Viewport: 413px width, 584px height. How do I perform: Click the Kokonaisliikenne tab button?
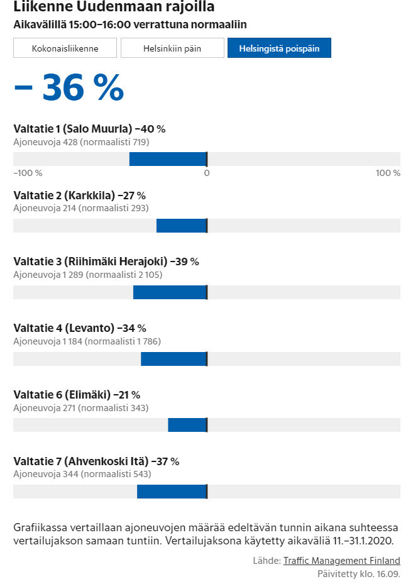65,48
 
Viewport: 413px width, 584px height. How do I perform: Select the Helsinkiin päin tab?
172,48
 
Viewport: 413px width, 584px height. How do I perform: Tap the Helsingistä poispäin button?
279,48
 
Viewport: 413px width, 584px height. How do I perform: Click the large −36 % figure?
69,88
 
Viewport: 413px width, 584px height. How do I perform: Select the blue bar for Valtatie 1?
168,159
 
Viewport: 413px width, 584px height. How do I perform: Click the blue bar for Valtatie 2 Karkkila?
181,226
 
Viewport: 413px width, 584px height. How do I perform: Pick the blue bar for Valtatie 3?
170,292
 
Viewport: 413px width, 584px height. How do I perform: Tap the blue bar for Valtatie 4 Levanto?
173,359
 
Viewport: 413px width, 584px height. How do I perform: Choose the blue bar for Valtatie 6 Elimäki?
187,425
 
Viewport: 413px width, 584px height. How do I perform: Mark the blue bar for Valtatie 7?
172,492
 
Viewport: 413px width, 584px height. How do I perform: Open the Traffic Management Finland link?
341,561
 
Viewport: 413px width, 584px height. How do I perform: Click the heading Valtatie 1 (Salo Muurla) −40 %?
89,129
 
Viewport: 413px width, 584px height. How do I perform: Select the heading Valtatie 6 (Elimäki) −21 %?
77,395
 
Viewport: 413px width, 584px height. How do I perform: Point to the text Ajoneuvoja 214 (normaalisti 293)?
81,208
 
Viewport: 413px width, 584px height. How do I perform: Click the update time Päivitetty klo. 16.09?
358,574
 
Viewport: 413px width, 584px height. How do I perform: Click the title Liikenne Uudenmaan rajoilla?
114,8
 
